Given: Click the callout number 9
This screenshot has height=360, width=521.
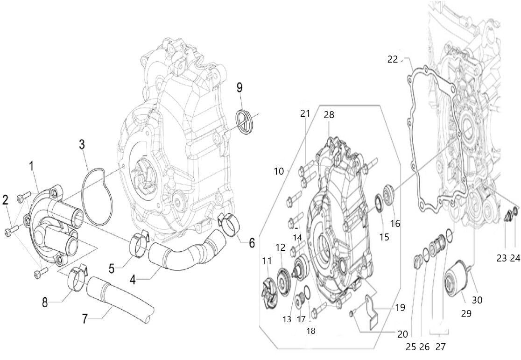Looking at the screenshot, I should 239,87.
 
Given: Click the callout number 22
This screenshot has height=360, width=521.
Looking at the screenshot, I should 393,59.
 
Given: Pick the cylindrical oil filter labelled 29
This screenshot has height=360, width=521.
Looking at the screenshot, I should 457,280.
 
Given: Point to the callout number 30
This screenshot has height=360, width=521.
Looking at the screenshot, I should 477,301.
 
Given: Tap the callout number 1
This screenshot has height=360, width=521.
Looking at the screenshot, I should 32,166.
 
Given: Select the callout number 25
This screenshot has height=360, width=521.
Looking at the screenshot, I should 411,347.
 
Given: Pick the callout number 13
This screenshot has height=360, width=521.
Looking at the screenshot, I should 287,319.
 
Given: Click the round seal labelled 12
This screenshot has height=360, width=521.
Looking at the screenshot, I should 282,279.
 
